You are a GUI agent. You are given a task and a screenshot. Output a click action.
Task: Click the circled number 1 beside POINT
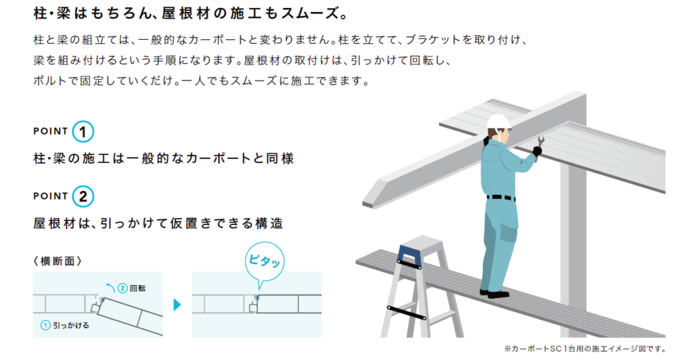coord(83,132)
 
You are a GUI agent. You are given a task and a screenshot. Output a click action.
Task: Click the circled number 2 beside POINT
coord(83,196)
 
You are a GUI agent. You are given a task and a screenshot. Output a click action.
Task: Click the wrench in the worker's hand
coord(540,146)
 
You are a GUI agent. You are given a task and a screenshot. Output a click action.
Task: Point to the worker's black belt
coord(501,198)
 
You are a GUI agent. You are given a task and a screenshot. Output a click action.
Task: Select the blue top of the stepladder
coord(408,256)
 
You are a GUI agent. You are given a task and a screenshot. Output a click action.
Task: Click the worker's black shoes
coord(494,294)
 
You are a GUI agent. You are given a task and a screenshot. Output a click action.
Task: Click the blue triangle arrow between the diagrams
coord(177,305)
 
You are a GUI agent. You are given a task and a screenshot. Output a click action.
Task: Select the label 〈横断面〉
coord(57,261)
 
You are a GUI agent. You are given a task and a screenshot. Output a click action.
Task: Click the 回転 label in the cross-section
coord(138,288)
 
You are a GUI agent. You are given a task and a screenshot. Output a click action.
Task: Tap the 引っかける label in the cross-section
coord(70,325)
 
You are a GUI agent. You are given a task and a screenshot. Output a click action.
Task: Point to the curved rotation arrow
coord(111,287)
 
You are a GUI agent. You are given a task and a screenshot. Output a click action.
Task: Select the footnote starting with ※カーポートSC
coord(585,349)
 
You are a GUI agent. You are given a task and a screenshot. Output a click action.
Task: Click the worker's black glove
coord(537,151)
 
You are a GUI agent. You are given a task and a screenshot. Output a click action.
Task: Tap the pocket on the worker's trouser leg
coord(509,230)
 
